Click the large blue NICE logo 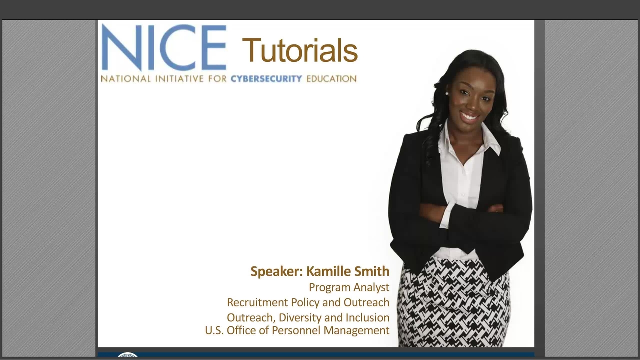pyautogui.click(x=164, y=47)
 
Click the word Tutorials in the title pyautogui.click(x=300, y=50)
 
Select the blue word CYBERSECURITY pyautogui.click(x=266, y=79)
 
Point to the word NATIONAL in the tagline pyautogui.click(x=126, y=79)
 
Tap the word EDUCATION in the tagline pyautogui.click(x=331, y=79)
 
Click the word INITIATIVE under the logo pyautogui.click(x=179, y=79)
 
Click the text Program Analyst pyautogui.click(x=349, y=287)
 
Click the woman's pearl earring pyautogui.click(x=447, y=93)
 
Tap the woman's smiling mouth pyautogui.click(x=469, y=117)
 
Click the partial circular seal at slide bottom pyautogui.click(x=127, y=355)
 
